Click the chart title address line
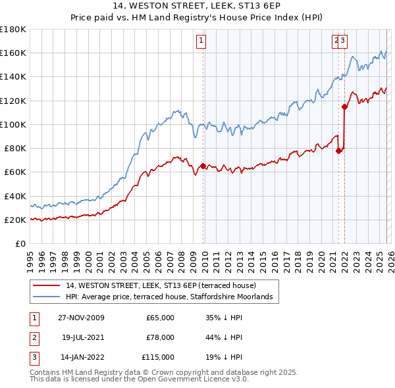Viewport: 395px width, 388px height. pyautogui.click(x=197, y=7)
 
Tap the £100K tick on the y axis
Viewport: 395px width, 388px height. pyautogui.click(x=13, y=124)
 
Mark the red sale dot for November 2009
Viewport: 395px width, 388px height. pyautogui.click(x=203, y=166)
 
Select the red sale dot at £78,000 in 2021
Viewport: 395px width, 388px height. pyautogui.click(x=338, y=151)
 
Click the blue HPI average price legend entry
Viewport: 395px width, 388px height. pyautogui.click(x=173, y=297)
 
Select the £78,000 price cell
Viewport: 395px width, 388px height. pyautogui.click(x=160, y=337)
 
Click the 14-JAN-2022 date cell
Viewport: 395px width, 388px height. pyautogui.click(x=80, y=357)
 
